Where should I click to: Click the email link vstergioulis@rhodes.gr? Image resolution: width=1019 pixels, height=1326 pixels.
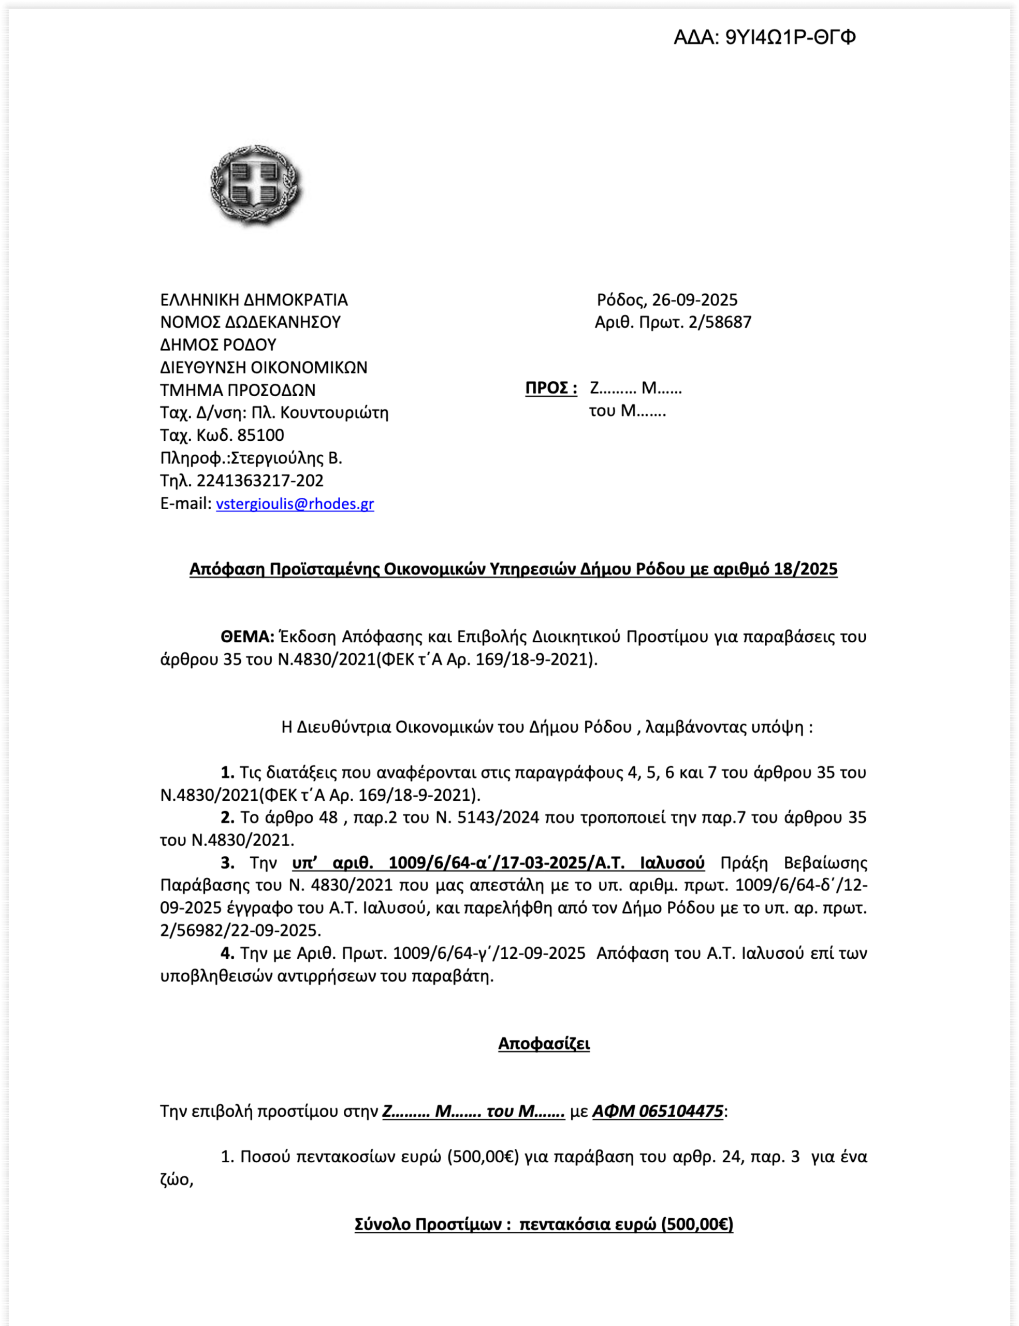(x=295, y=503)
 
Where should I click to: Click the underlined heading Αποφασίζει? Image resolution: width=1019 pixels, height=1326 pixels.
(x=544, y=1043)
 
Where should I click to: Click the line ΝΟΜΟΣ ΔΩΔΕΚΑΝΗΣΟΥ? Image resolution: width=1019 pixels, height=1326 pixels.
(x=250, y=322)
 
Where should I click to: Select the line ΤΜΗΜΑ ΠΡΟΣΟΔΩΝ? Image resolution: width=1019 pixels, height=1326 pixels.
(x=238, y=390)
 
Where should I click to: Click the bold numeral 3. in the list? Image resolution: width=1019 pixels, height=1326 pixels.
(x=227, y=862)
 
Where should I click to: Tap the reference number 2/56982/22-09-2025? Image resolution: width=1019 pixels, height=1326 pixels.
(x=240, y=930)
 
